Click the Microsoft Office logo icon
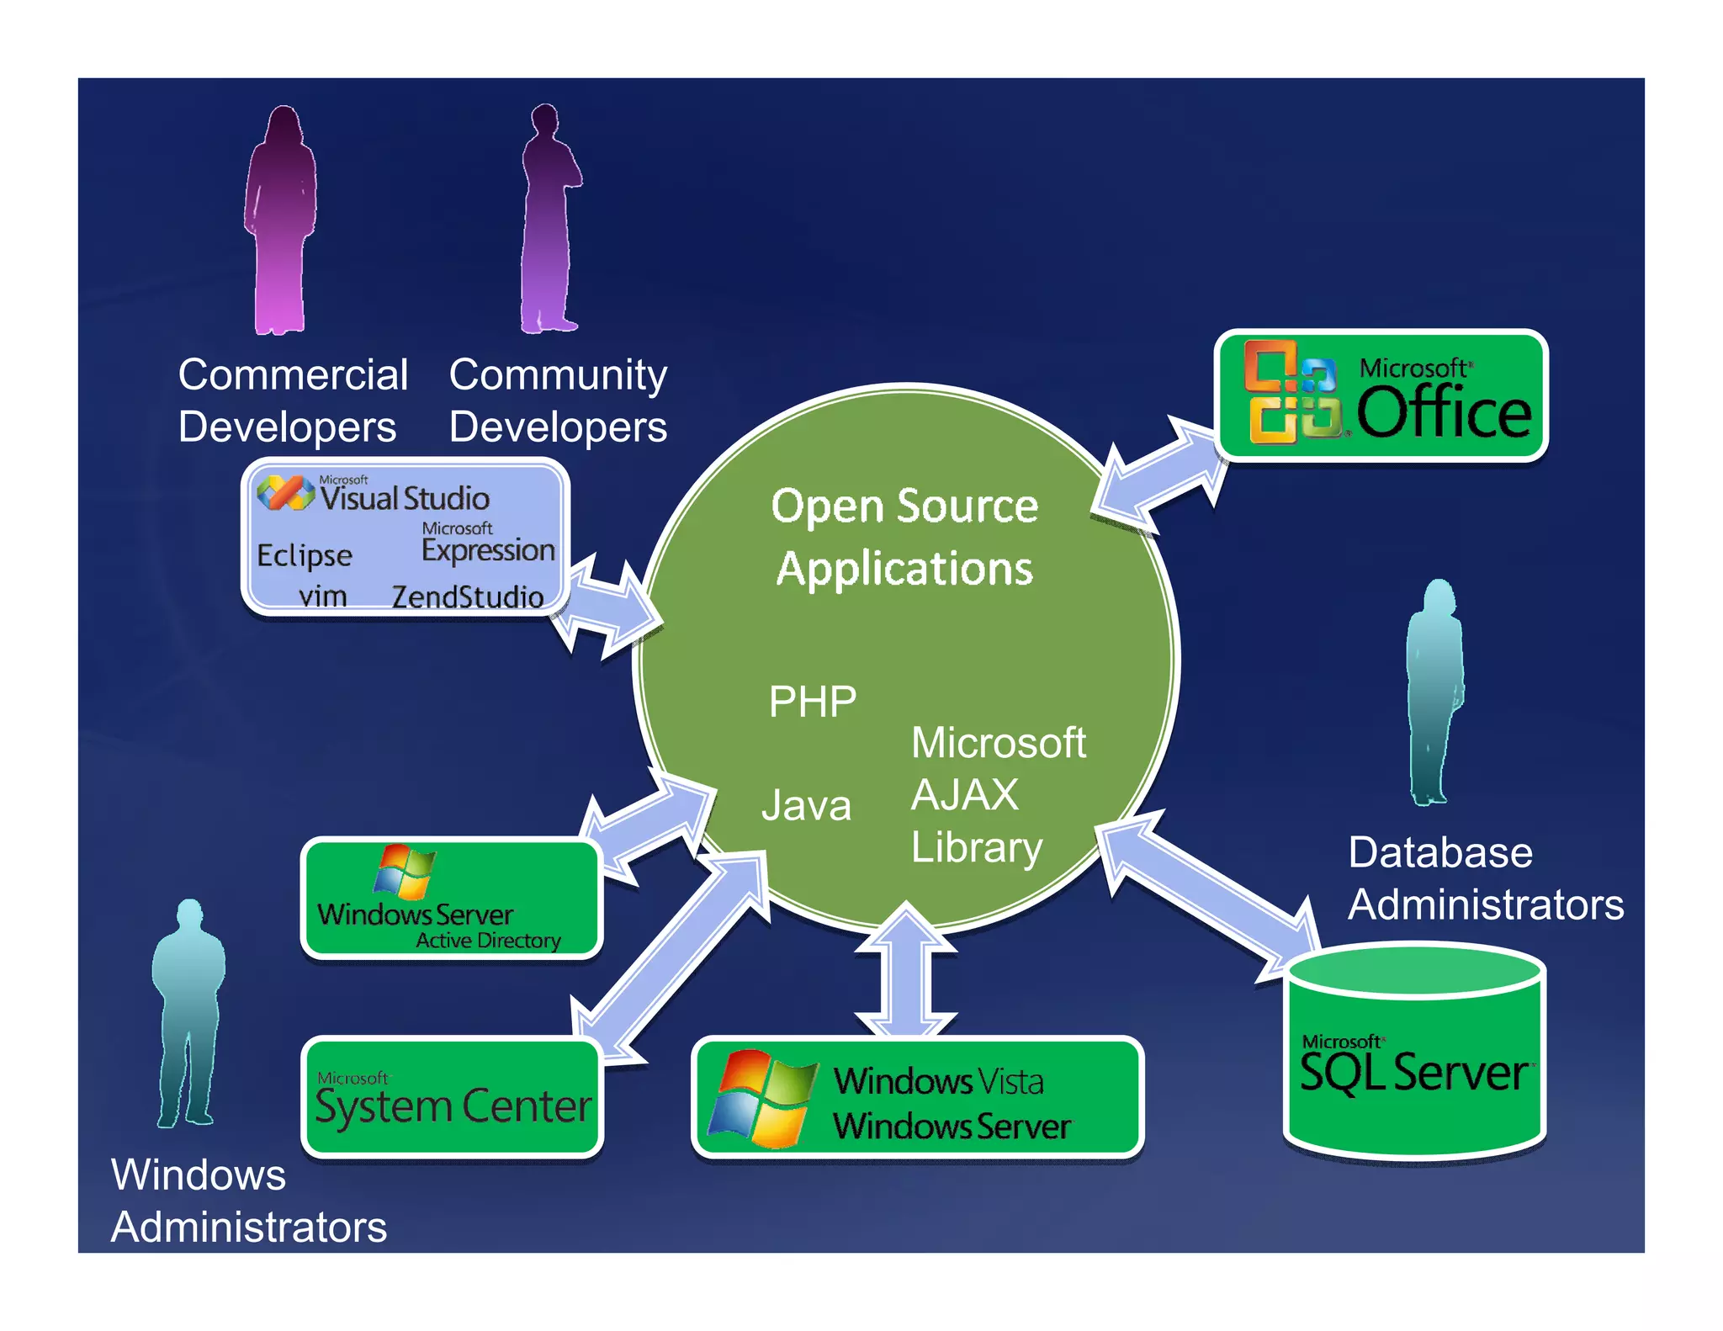coord(1292,393)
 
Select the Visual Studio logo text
coord(404,498)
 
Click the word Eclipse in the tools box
coord(304,555)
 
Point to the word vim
coord(322,596)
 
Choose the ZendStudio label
coord(468,597)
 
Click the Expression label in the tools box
coord(488,550)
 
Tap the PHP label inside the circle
coord(812,701)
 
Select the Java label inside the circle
coord(806,805)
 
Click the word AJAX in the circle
coord(964,794)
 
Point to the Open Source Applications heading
coord(904,537)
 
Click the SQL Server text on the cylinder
coord(1413,1073)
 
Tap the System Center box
coord(453,1098)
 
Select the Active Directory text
coord(488,940)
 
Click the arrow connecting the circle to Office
coord(1159,477)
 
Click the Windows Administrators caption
coord(248,1201)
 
